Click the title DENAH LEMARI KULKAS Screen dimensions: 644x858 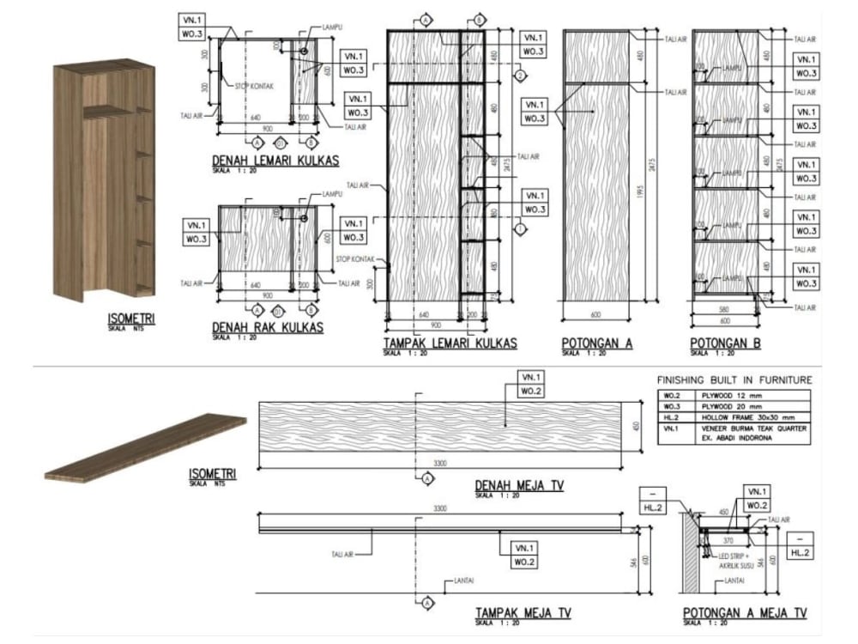275,161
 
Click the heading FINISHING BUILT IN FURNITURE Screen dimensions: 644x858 734,380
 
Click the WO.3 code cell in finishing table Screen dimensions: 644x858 670,406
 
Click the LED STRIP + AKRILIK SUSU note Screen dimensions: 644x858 734,559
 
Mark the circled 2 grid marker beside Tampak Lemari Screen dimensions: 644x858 519,76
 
